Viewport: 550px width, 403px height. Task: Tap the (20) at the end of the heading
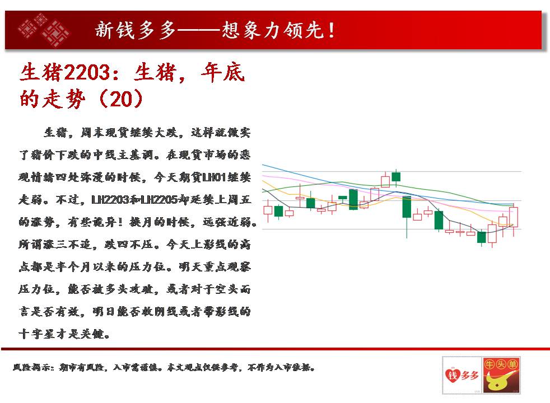[x=122, y=99]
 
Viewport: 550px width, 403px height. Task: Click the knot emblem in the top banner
[x=44, y=30]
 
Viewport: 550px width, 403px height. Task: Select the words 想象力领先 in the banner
[x=273, y=30]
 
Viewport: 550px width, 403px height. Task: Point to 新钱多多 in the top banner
[x=135, y=30]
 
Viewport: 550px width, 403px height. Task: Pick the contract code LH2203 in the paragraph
[x=110, y=200]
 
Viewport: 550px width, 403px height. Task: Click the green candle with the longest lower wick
[x=407, y=207]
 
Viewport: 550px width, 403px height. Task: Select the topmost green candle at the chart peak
[x=396, y=177]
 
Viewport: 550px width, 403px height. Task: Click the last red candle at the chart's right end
[x=514, y=217]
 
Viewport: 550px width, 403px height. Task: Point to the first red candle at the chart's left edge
[x=268, y=210]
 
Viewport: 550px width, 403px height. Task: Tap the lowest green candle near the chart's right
[x=481, y=237]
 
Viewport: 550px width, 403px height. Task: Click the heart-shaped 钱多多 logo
[x=462, y=376]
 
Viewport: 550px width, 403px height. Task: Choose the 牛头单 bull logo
[x=501, y=376]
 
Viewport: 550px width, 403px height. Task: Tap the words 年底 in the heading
[x=223, y=73]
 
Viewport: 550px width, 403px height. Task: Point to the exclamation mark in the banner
[x=331, y=30]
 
